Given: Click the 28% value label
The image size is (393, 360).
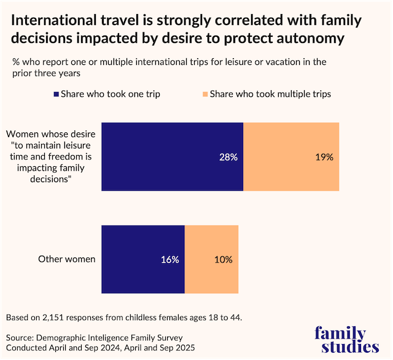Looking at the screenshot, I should (229, 157).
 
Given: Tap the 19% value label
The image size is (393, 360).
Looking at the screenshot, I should (324, 157).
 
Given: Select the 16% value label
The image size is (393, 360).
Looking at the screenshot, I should (170, 259).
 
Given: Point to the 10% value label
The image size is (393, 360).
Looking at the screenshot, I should (224, 259).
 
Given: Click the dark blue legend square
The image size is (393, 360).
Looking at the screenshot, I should (57, 94).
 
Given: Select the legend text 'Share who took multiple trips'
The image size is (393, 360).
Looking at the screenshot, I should (270, 94).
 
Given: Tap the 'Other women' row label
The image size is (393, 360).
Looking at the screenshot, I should (67, 259).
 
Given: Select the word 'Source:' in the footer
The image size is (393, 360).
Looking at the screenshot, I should (21, 338).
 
